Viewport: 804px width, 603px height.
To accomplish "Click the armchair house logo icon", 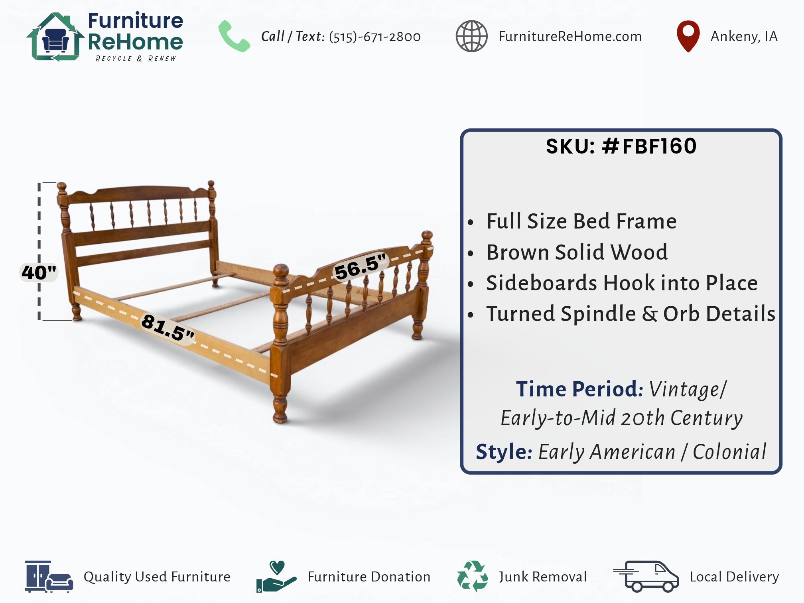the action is tap(55, 37).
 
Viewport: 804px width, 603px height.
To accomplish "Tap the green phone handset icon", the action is tap(234, 36).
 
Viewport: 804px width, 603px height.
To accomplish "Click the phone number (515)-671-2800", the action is tap(374, 37).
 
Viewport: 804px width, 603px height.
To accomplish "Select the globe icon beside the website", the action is tap(471, 36).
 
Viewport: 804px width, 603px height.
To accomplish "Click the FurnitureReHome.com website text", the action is tap(570, 36).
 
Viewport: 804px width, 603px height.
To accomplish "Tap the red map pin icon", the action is tap(688, 36).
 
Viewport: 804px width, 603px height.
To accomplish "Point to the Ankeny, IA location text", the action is tap(744, 36).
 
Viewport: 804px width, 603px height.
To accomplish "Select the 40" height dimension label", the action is tap(39, 272).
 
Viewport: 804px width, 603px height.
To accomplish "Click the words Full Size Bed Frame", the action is tap(581, 221).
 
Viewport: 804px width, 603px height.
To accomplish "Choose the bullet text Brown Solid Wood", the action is tap(577, 252).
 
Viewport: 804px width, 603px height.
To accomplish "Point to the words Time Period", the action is tap(579, 389).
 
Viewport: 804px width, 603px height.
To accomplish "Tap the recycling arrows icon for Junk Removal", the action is tap(472, 576).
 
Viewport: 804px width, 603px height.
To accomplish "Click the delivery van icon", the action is tap(646, 576).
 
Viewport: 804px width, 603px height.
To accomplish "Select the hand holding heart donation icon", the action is tap(276, 576).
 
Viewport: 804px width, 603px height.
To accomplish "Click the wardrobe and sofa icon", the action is tap(49, 576).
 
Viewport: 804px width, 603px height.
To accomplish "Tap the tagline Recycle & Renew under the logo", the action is tap(136, 59).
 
